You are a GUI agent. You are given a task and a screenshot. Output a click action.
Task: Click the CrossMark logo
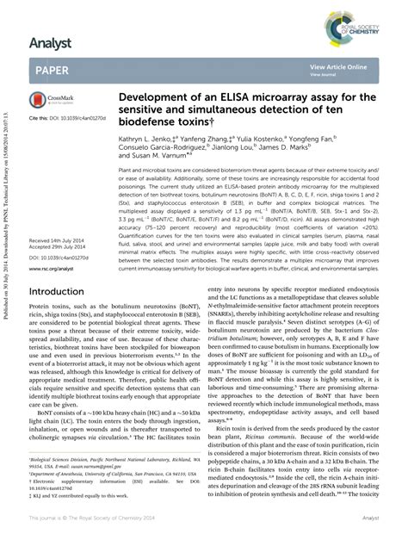pyautogui.click(x=51, y=100)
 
